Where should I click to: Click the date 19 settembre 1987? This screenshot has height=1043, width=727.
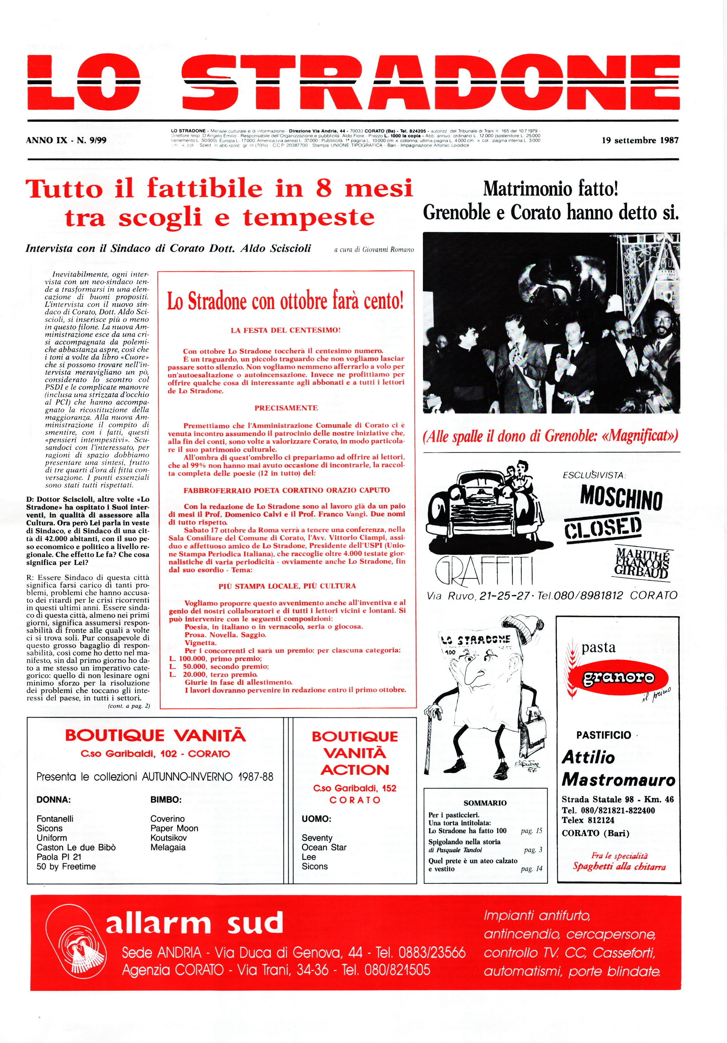pyautogui.click(x=640, y=140)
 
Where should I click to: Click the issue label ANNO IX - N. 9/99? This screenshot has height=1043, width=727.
pyautogui.click(x=66, y=140)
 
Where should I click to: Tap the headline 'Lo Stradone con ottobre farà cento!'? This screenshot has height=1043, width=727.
pyautogui.click(x=286, y=301)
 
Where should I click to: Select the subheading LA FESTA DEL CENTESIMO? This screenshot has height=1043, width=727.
pyautogui.click(x=286, y=330)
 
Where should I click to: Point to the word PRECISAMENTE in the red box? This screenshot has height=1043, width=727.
pyautogui.click(x=286, y=408)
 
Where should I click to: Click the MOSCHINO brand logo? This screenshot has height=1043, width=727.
pyautogui.click(x=621, y=498)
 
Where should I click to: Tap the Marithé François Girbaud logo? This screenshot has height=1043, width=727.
pyautogui.click(x=642, y=563)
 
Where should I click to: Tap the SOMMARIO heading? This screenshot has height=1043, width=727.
pyautogui.click(x=485, y=803)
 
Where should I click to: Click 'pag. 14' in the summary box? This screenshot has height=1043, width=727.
pyautogui.click(x=531, y=869)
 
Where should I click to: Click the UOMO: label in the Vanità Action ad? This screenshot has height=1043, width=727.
pyautogui.click(x=316, y=819)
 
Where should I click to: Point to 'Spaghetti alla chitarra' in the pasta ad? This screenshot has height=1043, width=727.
pyautogui.click(x=619, y=866)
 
